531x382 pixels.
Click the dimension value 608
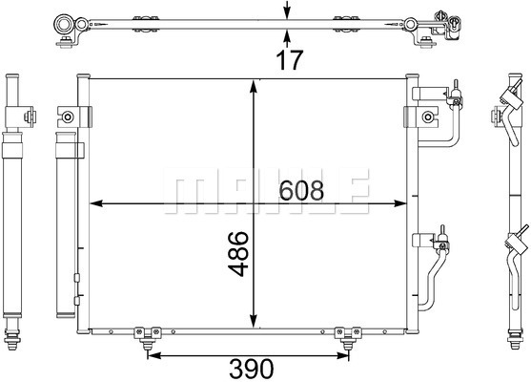301,190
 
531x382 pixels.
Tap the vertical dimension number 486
238,254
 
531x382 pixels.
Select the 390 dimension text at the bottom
252,369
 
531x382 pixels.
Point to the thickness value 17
289,60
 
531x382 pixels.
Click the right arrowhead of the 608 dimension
399,203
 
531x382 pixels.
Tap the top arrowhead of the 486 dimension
254,87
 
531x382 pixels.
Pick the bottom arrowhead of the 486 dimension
254,322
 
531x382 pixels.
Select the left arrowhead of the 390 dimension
154,355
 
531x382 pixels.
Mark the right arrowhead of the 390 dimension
342,355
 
